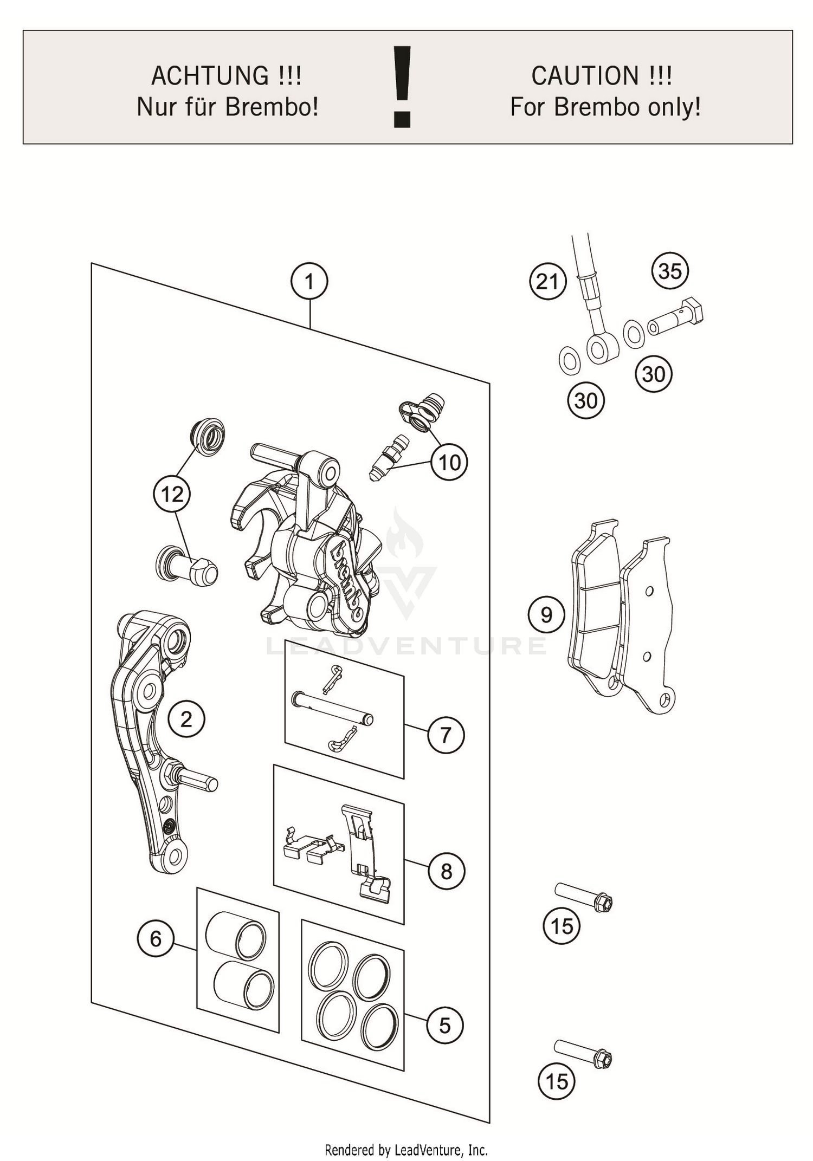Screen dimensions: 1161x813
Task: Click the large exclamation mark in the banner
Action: click(x=402, y=87)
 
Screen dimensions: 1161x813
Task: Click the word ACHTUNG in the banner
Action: click(x=209, y=75)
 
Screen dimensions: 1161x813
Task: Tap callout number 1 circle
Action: click(x=309, y=282)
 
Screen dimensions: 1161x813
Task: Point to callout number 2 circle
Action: click(x=186, y=719)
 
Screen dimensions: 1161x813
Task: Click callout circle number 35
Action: click(x=670, y=271)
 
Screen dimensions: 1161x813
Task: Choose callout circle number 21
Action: click(x=547, y=282)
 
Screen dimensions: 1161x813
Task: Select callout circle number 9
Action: click(x=546, y=615)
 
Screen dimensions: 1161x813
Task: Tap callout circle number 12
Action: click(x=172, y=494)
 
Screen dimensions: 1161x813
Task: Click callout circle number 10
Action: click(x=449, y=463)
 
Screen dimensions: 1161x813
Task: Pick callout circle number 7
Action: click(x=446, y=735)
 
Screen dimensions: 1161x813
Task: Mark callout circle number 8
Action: click(x=446, y=872)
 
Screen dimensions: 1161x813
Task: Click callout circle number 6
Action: click(x=156, y=938)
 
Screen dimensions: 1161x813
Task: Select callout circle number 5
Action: click(x=444, y=1026)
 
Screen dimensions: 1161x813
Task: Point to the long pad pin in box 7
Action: click(x=333, y=708)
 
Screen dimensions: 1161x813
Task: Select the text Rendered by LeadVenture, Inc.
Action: click(x=406, y=1150)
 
